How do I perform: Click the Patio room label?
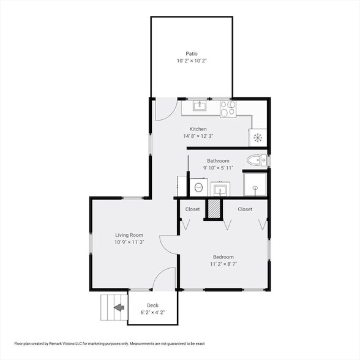click(x=192, y=53)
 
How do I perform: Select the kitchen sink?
click(x=200, y=107)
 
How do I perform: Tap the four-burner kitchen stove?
click(x=228, y=109)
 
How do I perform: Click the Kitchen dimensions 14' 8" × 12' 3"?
click(x=197, y=136)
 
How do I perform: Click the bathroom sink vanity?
click(x=219, y=189)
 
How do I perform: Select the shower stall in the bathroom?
click(x=255, y=184)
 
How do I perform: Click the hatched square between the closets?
click(x=213, y=209)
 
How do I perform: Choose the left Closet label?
click(x=192, y=209)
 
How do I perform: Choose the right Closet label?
click(x=245, y=209)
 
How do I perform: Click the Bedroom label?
click(x=223, y=257)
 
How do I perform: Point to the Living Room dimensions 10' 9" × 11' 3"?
click(x=129, y=242)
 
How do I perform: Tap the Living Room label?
click(x=129, y=234)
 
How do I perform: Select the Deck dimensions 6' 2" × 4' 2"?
click(x=152, y=312)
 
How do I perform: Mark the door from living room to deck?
click(x=164, y=279)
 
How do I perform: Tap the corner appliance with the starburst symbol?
click(x=258, y=137)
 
